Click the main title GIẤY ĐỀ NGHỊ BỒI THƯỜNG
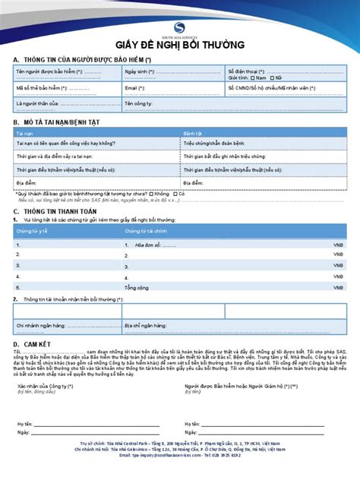pos(179,46)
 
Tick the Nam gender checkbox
pos(253,77)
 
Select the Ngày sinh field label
pos(141,71)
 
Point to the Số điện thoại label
pos(246,70)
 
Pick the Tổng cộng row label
pos(137,289)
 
